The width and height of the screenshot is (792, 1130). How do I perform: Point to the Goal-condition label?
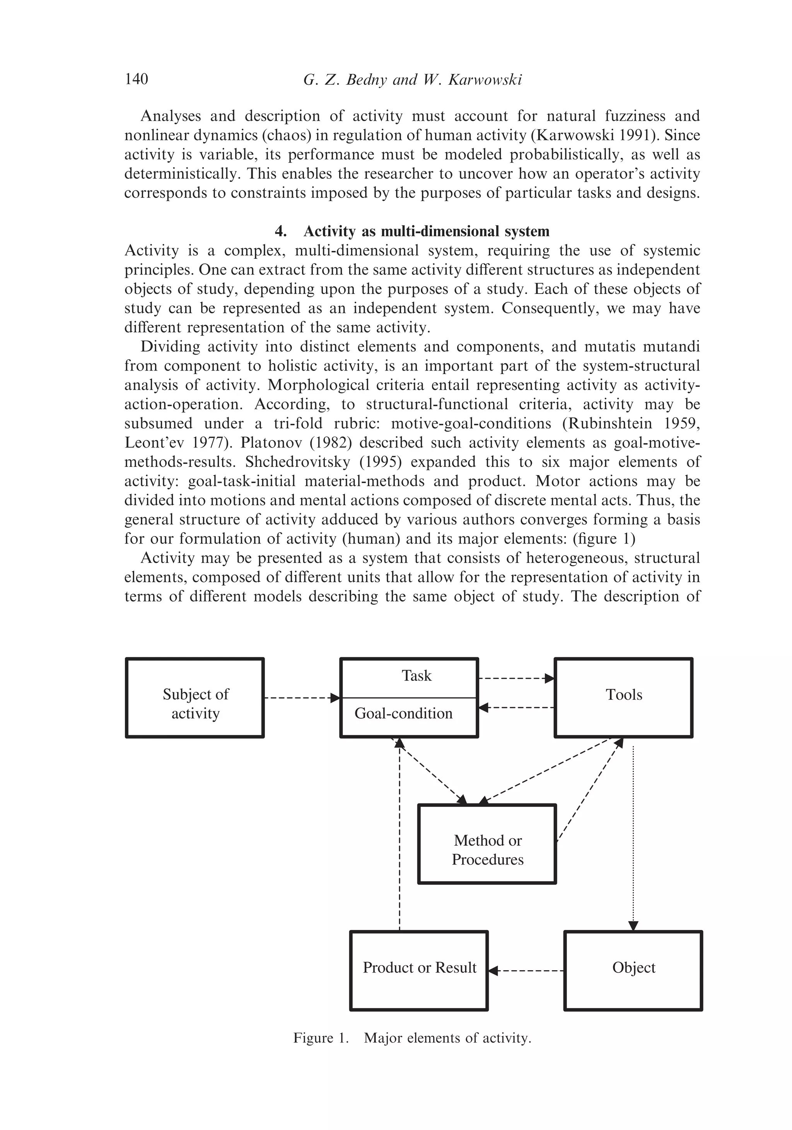pos(403,713)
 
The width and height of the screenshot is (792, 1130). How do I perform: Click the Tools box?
pos(623,695)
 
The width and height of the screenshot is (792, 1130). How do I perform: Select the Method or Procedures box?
pos(487,850)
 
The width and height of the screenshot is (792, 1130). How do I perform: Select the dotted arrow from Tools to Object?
pos(633,837)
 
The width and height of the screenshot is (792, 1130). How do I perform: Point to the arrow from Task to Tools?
pos(516,679)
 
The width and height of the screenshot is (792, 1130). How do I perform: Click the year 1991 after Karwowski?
pos(635,135)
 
